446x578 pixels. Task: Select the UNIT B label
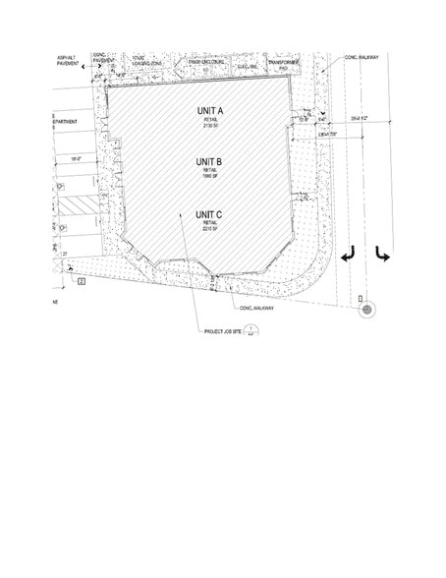pos(209,161)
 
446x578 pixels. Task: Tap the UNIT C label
pos(209,213)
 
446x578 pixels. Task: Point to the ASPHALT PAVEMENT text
pos(71,61)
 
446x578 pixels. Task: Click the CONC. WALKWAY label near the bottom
pos(254,308)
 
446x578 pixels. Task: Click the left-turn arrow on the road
pos(347,256)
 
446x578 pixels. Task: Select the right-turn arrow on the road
pos(382,256)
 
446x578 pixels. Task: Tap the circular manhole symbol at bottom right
pos(366,310)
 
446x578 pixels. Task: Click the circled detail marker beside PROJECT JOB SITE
pos(251,330)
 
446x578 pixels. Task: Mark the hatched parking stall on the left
pos(77,205)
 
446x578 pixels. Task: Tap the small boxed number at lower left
pos(84,281)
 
